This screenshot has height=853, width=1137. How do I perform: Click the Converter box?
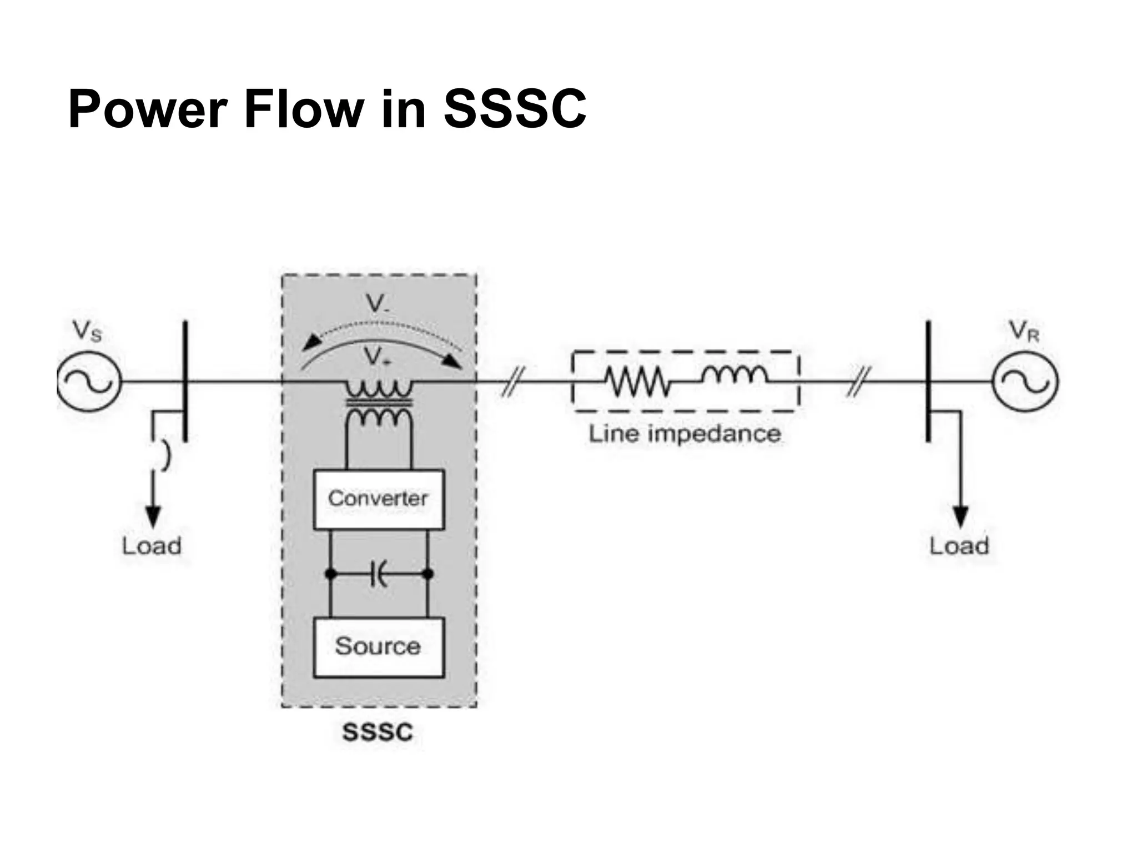pos(379,499)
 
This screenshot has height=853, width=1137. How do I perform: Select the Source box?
pos(379,646)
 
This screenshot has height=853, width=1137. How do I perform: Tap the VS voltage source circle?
pos(89,382)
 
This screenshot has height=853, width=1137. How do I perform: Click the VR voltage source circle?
pos(1025,382)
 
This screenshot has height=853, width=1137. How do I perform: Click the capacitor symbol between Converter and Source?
pos(379,574)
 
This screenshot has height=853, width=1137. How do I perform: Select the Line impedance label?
pos(684,434)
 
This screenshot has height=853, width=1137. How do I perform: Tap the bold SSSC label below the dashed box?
pos(378,732)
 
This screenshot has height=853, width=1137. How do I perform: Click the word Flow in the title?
pos(304,109)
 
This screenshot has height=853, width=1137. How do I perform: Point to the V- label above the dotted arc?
pos(378,304)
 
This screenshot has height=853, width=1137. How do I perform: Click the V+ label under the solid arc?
pos(379,357)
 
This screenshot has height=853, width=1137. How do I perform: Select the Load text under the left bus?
pos(152,546)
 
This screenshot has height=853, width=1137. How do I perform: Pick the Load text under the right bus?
pos(959,546)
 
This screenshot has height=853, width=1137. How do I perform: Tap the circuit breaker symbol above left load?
pos(164,455)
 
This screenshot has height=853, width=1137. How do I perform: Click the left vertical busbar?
pos(185,381)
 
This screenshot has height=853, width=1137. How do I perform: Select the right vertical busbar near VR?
pos(928,381)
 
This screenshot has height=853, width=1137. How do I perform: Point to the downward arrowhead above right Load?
pos(960,516)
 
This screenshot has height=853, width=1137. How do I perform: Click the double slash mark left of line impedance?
pos(512,381)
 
